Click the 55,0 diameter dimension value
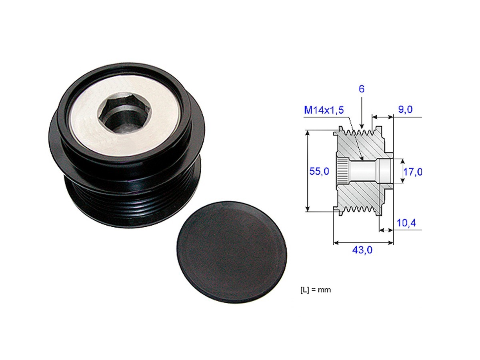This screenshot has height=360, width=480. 319,172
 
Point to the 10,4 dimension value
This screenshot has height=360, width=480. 406,222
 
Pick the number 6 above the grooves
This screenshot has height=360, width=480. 361,89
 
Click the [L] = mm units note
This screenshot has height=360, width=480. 315,290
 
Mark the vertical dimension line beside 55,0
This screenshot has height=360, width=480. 308,171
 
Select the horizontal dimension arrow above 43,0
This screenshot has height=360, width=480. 363,242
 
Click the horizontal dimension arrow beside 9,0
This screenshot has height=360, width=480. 383,117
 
